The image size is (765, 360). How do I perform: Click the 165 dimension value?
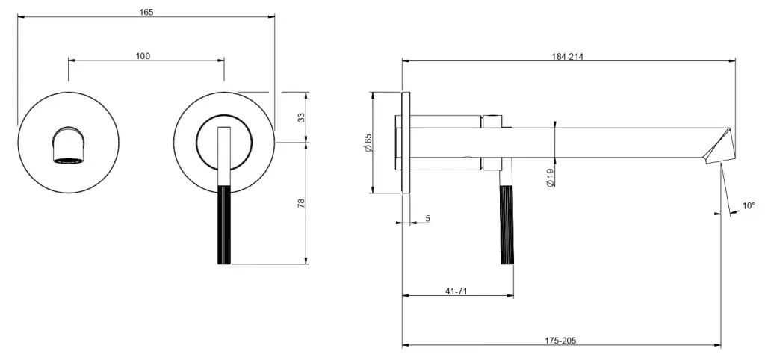[146, 12]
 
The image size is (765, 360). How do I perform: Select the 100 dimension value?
[143, 56]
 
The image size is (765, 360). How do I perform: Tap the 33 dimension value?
[301, 117]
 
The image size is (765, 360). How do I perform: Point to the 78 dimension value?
[301, 203]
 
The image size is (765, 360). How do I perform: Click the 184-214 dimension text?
[568, 56]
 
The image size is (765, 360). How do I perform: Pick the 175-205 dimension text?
[560, 341]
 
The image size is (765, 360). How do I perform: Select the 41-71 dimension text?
[456, 291]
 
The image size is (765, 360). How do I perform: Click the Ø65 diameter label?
[368, 143]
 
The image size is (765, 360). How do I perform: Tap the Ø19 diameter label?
[550, 177]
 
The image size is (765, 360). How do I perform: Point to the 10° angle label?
[749, 206]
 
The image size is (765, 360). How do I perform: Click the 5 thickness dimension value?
[428, 219]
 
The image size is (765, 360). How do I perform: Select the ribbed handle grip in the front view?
[224, 225]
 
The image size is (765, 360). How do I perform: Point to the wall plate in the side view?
[406, 143]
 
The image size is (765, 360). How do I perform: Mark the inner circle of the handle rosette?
[224, 114]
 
